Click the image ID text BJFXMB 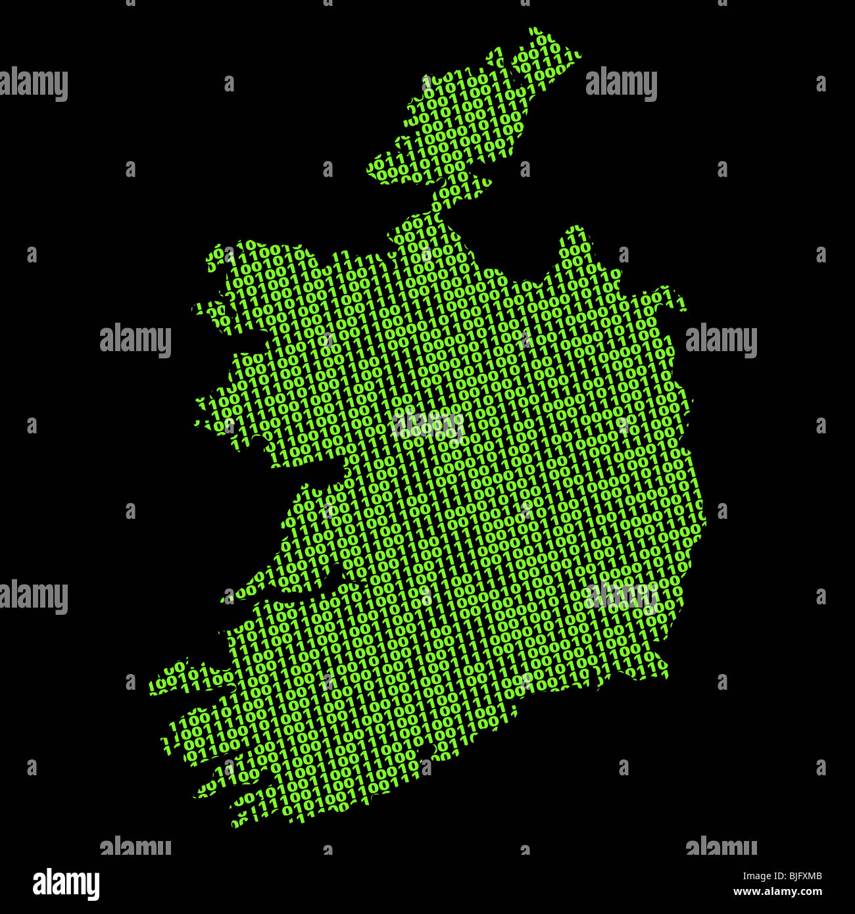[797, 876]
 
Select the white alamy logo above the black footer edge [66, 884]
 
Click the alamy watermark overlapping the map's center [427, 423]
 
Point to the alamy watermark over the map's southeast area [622, 595]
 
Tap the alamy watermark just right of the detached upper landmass [621, 84]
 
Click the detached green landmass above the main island [474, 112]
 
